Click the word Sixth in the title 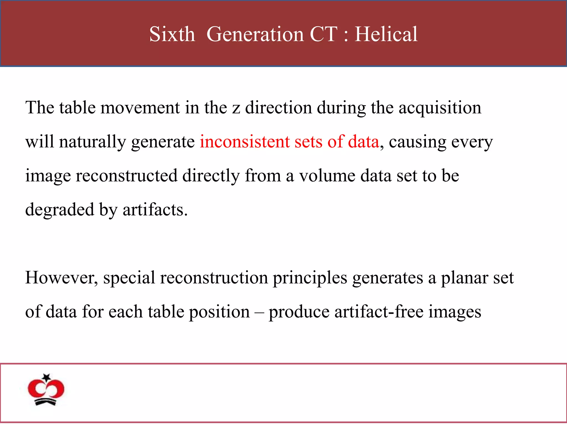tap(172, 34)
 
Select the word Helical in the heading tap(386, 34)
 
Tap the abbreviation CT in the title tap(324, 34)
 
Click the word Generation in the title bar tap(255, 34)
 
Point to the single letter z tap(236, 108)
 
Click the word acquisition tap(440, 108)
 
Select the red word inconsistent tap(244, 142)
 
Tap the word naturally tap(92, 142)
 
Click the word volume tap(327, 176)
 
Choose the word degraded tap(60, 210)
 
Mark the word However tap(61, 278)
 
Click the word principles tap(310, 278)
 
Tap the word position tap(219, 312)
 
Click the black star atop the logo tap(47, 377)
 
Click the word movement tap(140, 108)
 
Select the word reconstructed tap(127, 176)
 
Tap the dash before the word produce tap(259, 312)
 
